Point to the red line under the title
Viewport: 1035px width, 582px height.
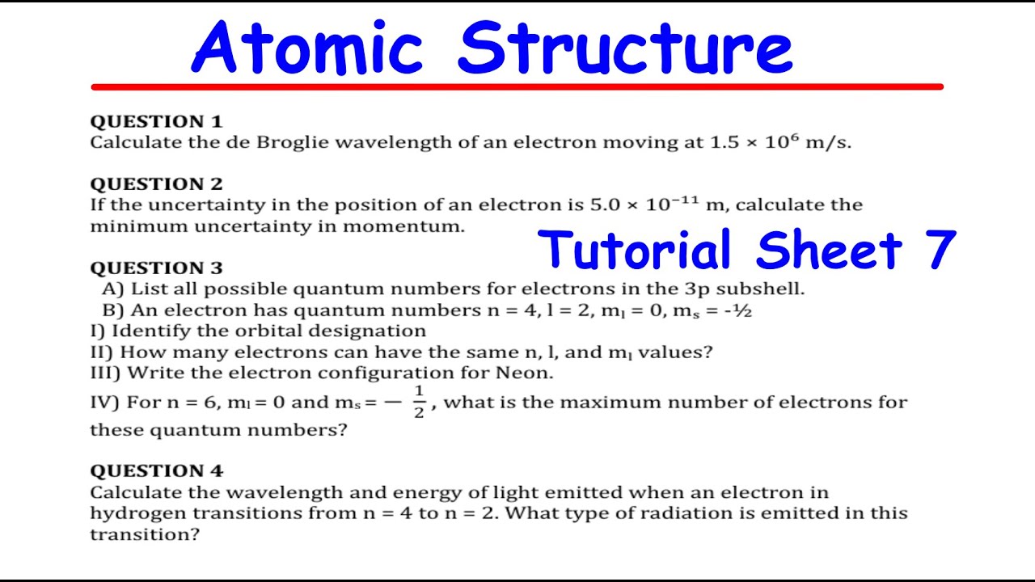pyautogui.click(x=517, y=86)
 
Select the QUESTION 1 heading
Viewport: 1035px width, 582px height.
pyautogui.click(x=156, y=122)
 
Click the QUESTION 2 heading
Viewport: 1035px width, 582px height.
pyautogui.click(x=156, y=184)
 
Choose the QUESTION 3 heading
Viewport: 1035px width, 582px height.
pyautogui.click(x=156, y=268)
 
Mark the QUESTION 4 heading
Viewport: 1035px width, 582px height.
pyautogui.click(x=156, y=471)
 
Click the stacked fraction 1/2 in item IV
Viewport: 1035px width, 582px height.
pyautogui.click(x=419, y=402)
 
